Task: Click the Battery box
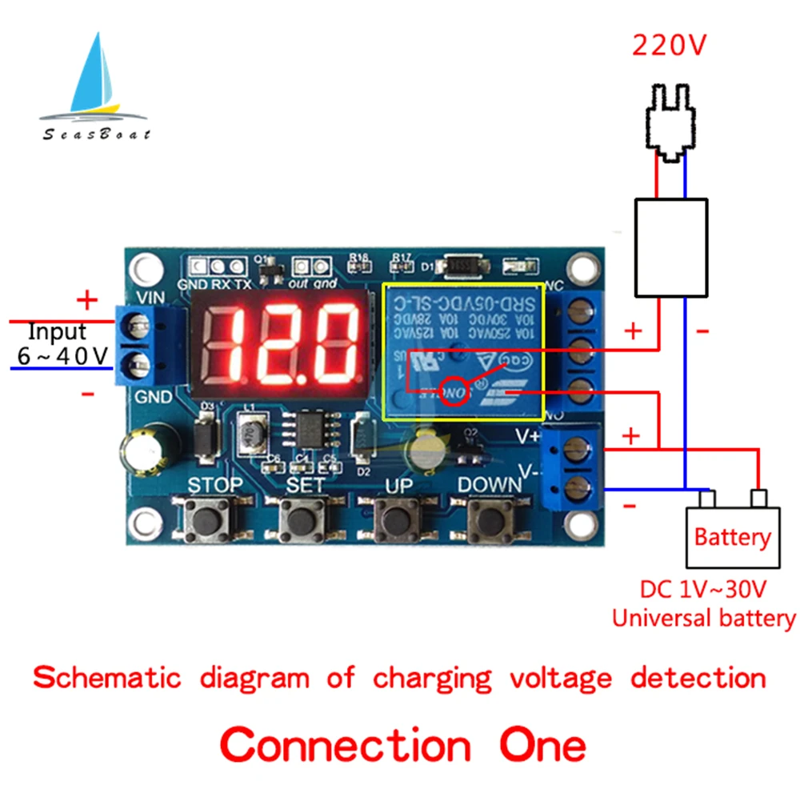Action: pos(731,536)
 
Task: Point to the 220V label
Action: pos(670,46)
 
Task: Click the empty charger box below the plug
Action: pos(670,247)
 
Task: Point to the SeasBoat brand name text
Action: pos(96,134)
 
